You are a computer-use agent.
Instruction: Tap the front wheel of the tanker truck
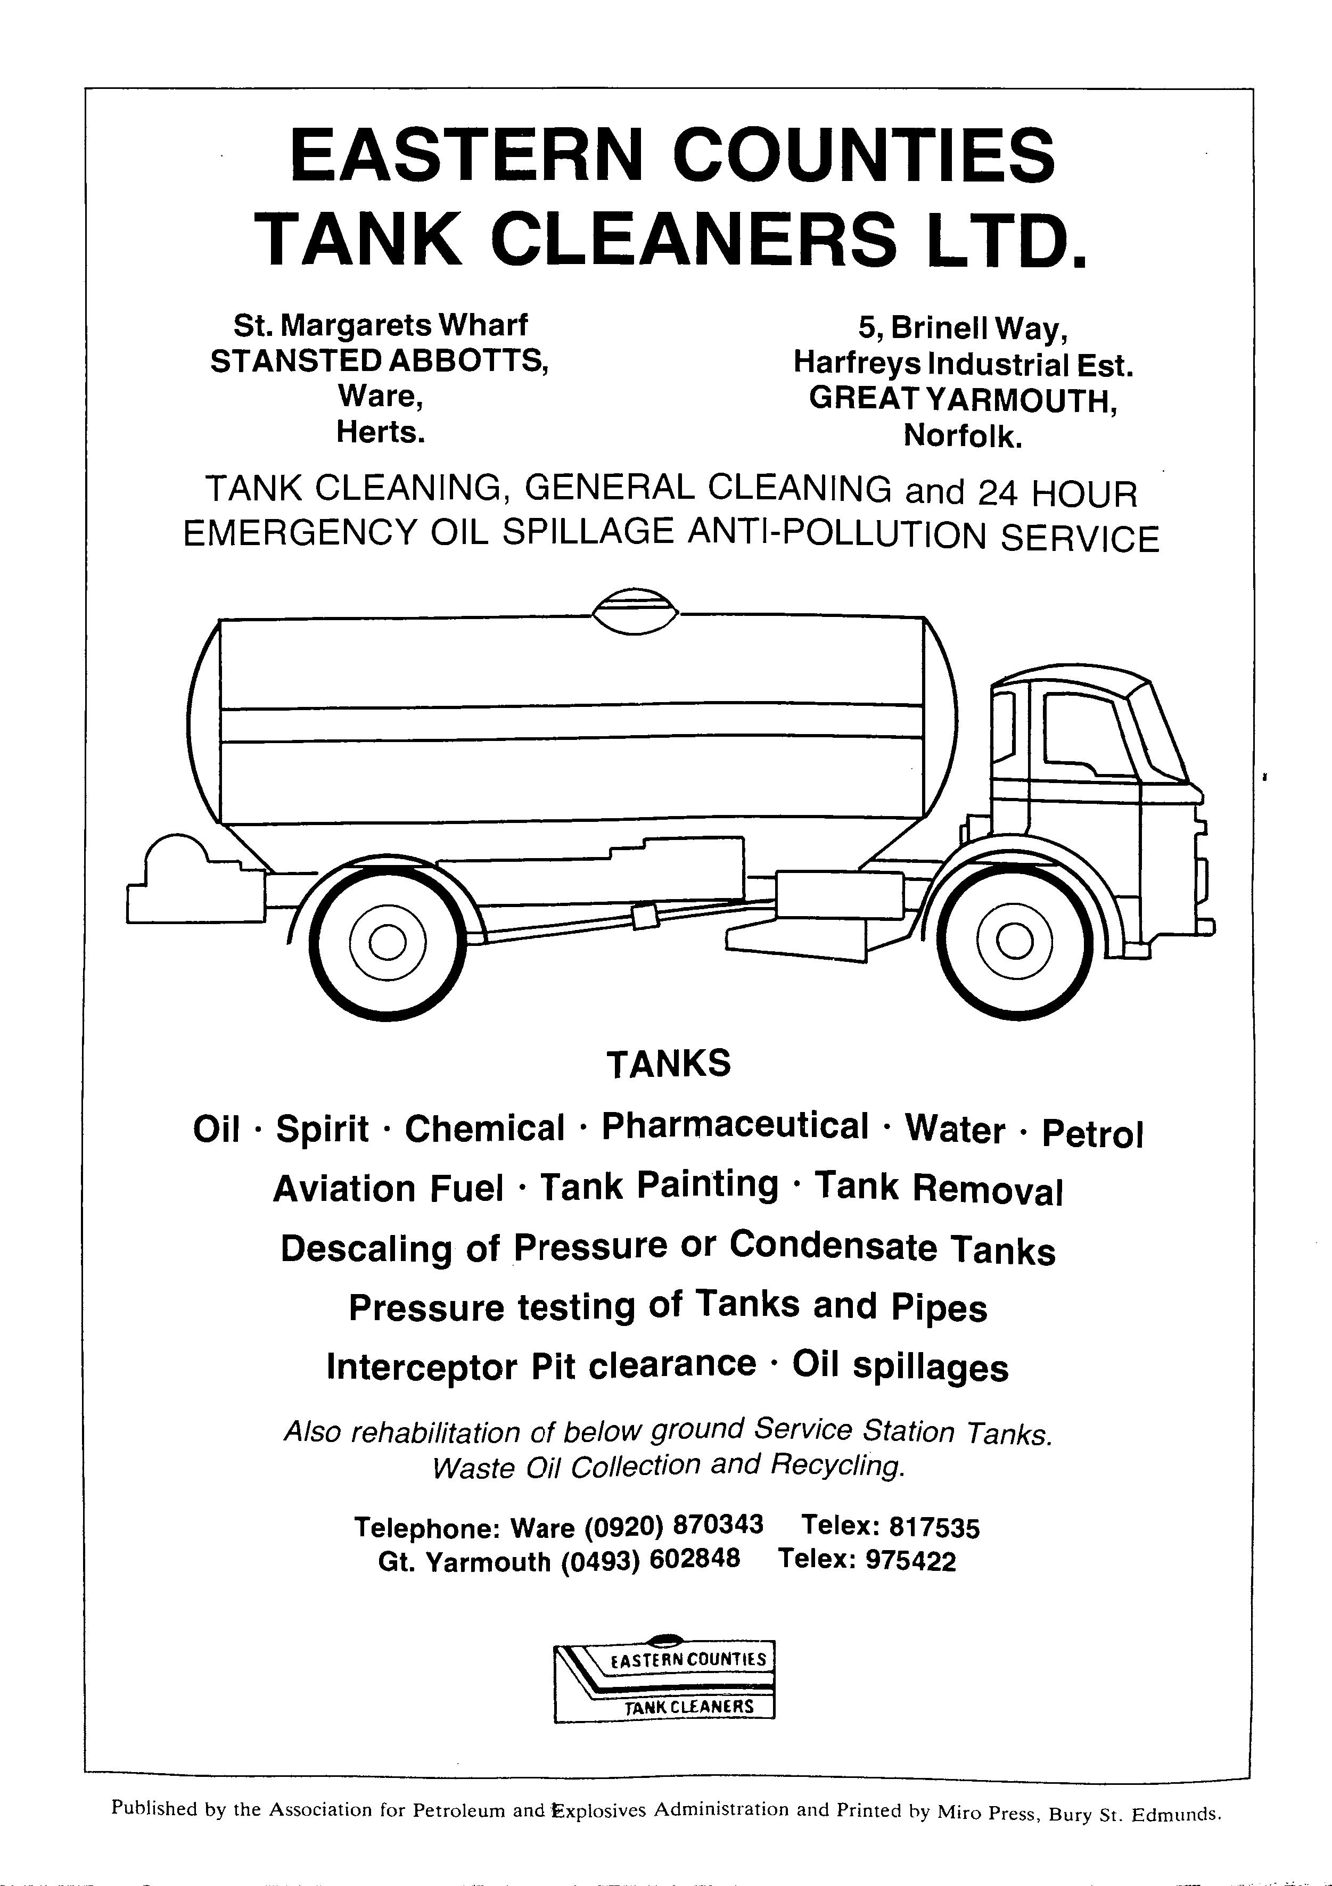(x=1016, y=941)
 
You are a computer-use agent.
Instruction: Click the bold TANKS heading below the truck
(x=668, y=1063)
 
